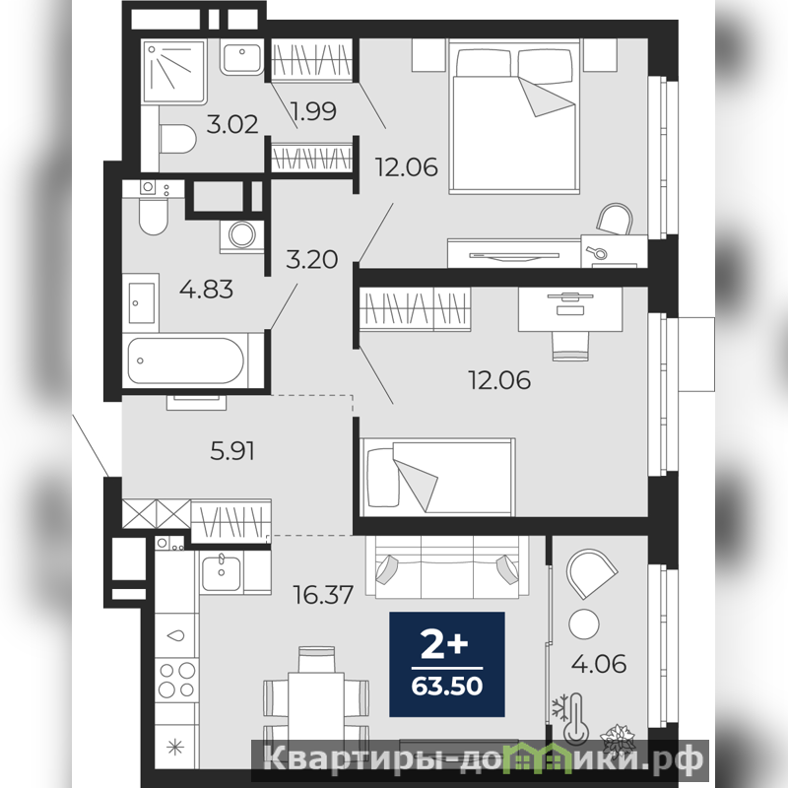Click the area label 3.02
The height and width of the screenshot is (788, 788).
232,124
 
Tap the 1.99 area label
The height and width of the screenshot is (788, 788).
313,111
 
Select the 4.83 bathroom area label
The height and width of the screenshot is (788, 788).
207,290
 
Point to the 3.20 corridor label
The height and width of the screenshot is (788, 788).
311,259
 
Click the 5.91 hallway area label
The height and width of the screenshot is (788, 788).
232,451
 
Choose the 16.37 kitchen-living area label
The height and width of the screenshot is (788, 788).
324,595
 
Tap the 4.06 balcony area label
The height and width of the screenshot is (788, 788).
599,664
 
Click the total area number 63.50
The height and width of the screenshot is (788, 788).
447,686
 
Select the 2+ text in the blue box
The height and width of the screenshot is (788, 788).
444,645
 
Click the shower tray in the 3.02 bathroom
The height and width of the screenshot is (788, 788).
174,71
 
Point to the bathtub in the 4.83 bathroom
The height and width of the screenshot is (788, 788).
186,361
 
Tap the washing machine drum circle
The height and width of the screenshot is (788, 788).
242,234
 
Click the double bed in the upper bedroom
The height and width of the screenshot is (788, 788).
514,117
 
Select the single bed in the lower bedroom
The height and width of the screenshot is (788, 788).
437,477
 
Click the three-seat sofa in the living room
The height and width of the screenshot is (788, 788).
447,567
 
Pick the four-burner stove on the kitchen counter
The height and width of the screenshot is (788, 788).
176,680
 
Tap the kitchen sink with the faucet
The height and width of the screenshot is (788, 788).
222,573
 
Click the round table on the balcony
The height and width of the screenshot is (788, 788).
584,624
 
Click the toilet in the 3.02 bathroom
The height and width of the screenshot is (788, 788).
177,139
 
